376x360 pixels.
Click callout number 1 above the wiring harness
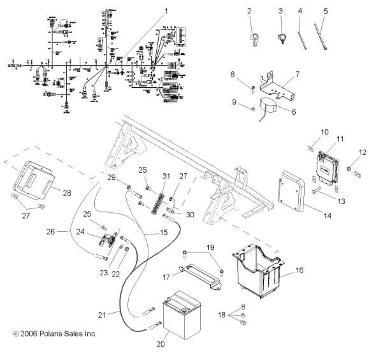167,11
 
